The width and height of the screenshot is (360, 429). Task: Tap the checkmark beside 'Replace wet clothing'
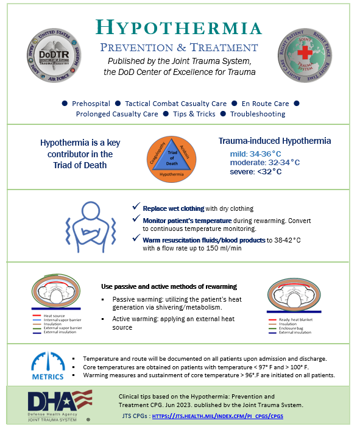pyautogui.click(x=136, y=207)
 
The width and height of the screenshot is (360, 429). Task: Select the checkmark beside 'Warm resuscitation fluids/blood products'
pyautogui.click(x=136, y=239)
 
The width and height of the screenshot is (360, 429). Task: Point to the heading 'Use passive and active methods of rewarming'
pyautogui.click(x=169, y=286)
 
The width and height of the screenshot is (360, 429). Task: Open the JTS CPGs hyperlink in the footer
pyautogui.click(x=217, y=416)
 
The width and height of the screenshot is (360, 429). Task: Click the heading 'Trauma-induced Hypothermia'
pyautogui.click(x=275, y=141)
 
